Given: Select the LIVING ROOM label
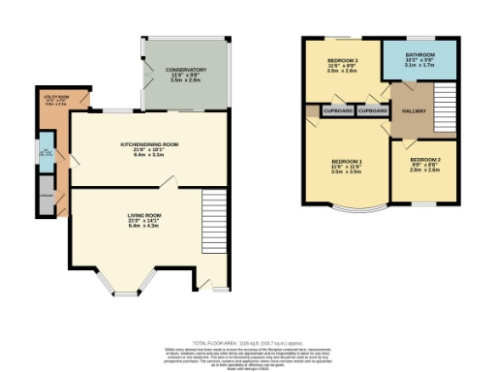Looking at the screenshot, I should click(143, 215).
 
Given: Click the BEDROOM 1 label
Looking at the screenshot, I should click(347, 160).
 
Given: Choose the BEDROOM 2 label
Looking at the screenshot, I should click(425, 158).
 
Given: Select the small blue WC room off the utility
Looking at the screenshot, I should click(45, 155).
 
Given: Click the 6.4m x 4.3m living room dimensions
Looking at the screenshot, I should click(143, 227).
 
